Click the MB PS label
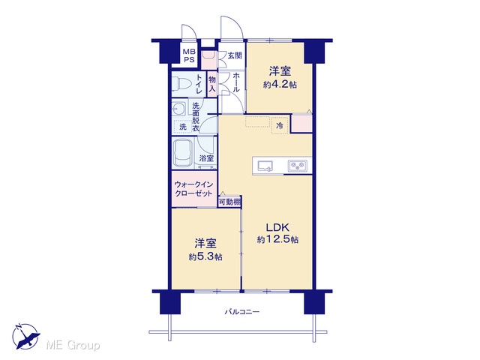point(188,55)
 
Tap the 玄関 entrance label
point(235,55)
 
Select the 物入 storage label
point(212,85)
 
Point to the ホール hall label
point(236,82)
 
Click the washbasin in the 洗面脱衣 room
point(178,109)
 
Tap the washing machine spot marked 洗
point(183,127)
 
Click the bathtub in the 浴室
point(182,152)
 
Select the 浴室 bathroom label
point(206,158)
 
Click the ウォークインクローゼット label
point(193,189)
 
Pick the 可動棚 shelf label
point(229,202)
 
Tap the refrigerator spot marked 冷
point(280,125)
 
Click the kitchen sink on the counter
point(265,166)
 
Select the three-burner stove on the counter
point(298,166)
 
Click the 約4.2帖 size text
point(280,85)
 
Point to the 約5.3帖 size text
point(205,256)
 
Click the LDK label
point(277,227)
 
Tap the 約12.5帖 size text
point(277,239)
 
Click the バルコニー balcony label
point(242,312)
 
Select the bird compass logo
point(26,337)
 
